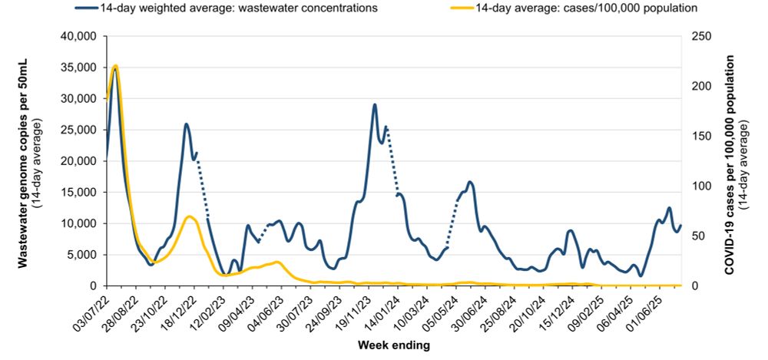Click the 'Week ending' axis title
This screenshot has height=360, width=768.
[394, 345]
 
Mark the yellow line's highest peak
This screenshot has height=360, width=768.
[115, 66]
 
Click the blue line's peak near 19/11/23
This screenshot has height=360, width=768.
[375, 104]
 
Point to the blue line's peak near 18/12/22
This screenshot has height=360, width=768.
[187, 124]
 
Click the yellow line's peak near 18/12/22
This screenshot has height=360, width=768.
[189, 216]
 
